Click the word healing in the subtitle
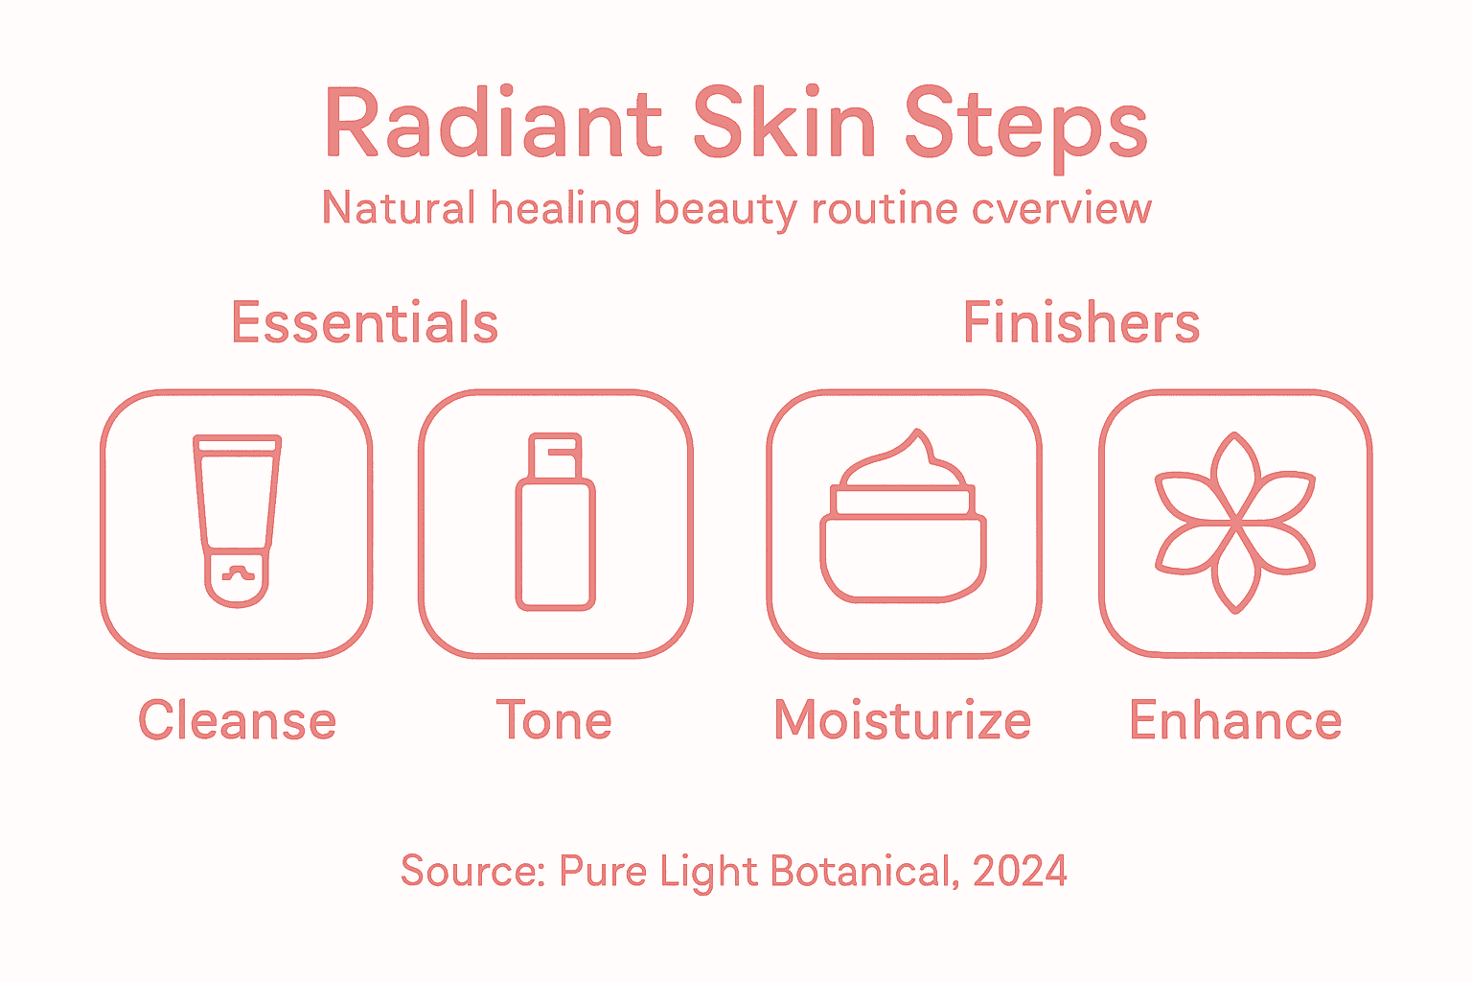point(564,209)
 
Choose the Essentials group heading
point(364,323)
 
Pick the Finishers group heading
point(1081,323)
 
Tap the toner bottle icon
point(555,523)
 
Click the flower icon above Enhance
point(1235,523)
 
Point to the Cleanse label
point(237,721)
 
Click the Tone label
point(554,721)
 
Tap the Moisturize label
point(902,721)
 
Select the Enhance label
point(1235,721)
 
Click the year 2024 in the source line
point(1020,871)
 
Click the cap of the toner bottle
point(555,457)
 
